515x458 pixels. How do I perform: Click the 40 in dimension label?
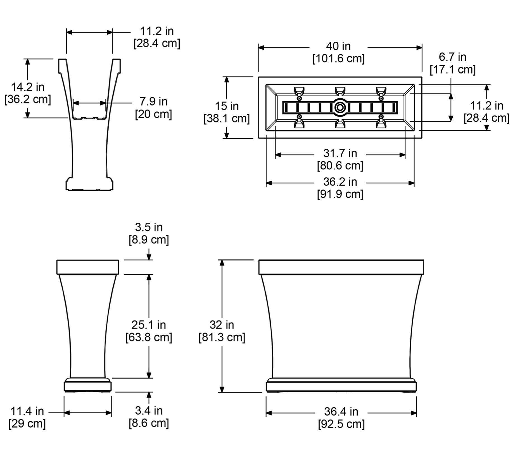(x=338, y=46)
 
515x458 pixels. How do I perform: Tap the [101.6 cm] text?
(x=338, y=59)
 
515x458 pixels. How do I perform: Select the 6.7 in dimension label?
(x=452, y=57)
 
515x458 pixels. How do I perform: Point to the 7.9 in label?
(x=153, y=101)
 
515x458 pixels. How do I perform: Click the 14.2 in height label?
(x=28, y=87)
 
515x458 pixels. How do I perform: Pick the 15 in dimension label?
(x=227, y=106)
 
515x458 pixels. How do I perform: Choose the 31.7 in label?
(x=340, y=153)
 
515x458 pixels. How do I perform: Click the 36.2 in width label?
(x=340, y=182)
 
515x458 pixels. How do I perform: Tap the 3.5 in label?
(x=149, y=227)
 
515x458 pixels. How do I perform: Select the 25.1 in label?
(x=149, y=325)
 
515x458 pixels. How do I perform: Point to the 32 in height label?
(x=222, y=325)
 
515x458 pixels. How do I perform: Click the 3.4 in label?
(x=149, y=411)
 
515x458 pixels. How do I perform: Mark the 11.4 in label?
(x=27, y=411)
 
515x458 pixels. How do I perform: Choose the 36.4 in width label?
(x=341, y=412)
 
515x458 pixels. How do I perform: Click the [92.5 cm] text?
(x=341, y=424)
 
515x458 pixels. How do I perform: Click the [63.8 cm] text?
(x=149, y=337)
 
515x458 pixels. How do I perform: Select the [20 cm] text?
(x=153, y=114)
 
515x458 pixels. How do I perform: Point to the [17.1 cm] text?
(x=452, y=70)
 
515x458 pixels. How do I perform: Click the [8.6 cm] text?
(x=149, y=423)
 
